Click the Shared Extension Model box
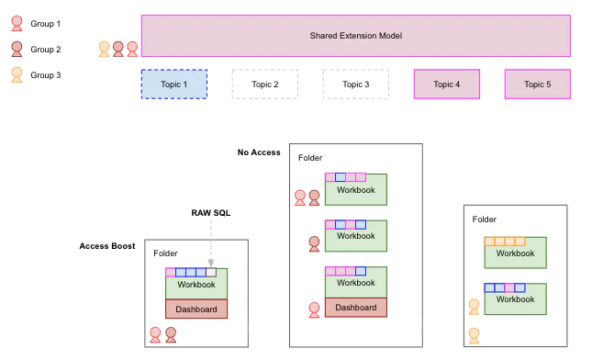(x=356, y=35)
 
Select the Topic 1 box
(x=173, y=84)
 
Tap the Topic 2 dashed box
(x=264, y=84)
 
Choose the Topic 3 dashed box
(x=355, y=84)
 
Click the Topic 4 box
(x=446, y=84)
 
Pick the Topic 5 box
(x=538, y=84)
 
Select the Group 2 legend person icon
(x=16, y=50)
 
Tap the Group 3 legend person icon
(x=16, y=75)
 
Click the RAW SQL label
(x=210, y=213)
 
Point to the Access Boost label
(x=107, y=246)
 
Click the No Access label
(x=259, y=152)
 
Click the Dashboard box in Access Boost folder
(x=196, y=309)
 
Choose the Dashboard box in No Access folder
(x=356, y=308)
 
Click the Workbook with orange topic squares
(x=515, y=253)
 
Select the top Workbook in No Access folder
(x=356, y=191)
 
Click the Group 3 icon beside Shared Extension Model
(x=105, y=48)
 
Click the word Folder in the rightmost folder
(x=485, y=219)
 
